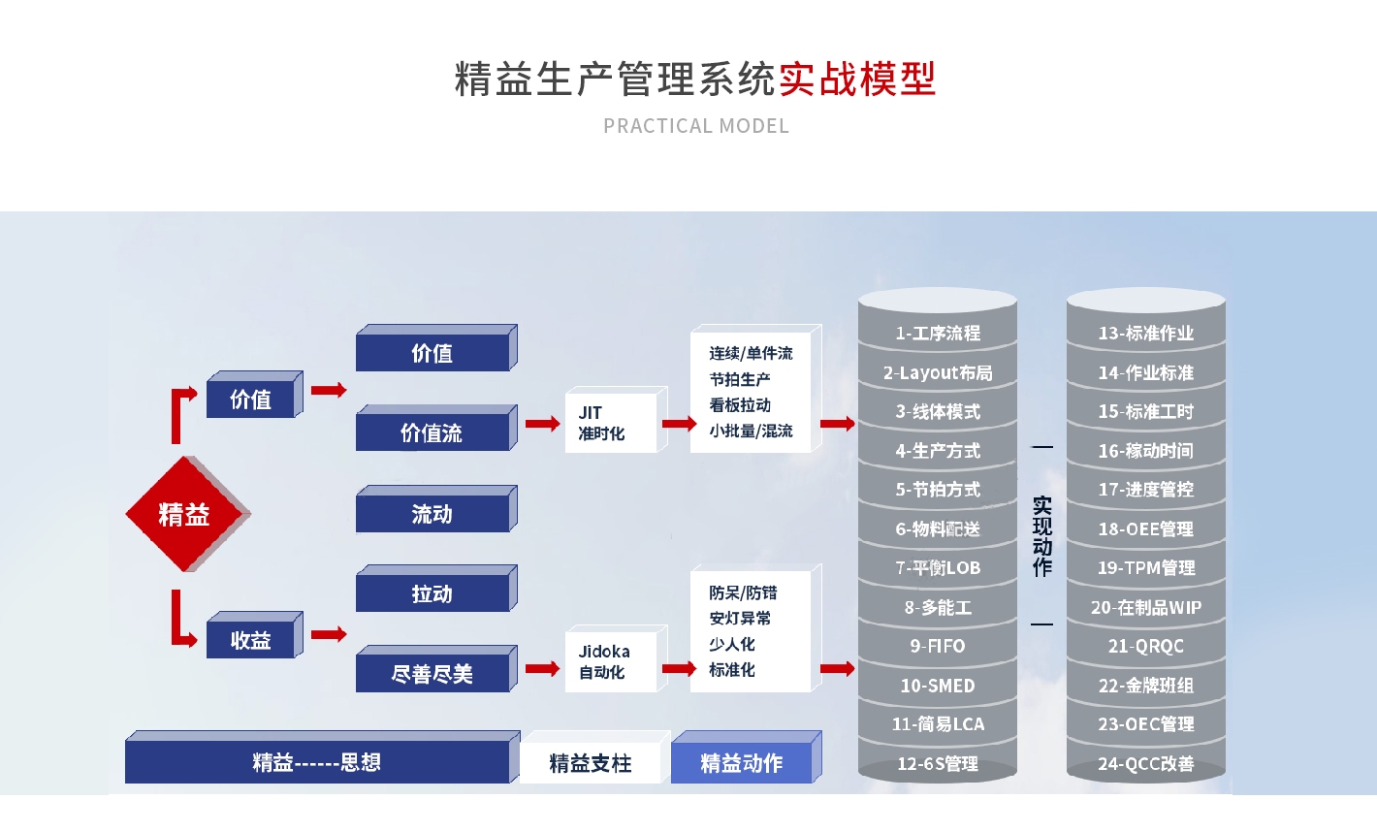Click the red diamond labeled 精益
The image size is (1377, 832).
(x=184, y=514)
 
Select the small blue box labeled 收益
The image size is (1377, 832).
(x=250, y=640)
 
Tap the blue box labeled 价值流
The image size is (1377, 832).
(x=432, y=432)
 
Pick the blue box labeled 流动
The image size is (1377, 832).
(x=432, y=514)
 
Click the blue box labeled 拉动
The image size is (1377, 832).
(x=432, y=593)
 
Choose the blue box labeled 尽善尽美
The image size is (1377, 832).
(x=432, y=673)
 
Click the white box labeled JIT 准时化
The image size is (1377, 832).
(x=611, y=423)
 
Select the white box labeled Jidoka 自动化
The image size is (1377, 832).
(x=611, y=661)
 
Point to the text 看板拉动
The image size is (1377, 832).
(x=740, y=405)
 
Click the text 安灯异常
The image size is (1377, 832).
(x=740, y=618)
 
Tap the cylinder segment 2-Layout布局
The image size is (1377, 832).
(x=937, y=372)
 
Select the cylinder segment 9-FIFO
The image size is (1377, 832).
(x=937, y=646)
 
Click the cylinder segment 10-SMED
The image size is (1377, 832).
(x=937, y=686)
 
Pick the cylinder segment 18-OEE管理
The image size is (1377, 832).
(x=1145, y=528)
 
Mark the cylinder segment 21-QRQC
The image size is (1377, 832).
(x=1145, y=646)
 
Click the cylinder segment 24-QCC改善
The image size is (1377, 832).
(x=1145, y=763)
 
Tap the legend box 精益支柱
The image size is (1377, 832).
(x=590, y=763)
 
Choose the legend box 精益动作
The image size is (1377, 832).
(x=741, y=763)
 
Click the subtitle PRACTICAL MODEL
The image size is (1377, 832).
(x=696, y=126)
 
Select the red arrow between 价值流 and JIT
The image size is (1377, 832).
(x=542, y=424)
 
